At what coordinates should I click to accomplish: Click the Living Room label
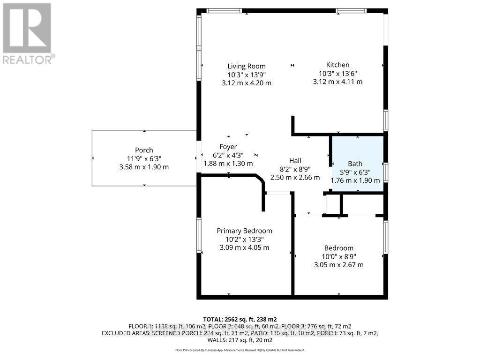click(x=247, y=66)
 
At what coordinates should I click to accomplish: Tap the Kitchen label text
click(x=337, y=65)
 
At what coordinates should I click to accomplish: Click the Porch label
click(x=144, y=150)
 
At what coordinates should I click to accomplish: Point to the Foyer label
click(x=228, y=147)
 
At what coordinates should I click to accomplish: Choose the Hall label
click(x=295, y=161)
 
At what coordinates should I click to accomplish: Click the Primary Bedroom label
click(x=244, y=231)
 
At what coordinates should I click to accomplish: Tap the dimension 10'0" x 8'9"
click(x=339, y=256)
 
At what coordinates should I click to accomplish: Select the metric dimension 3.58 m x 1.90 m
click(x=144, y=167)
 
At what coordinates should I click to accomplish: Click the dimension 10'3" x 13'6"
click(x=337, y=73)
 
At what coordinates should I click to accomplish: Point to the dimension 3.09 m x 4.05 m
click(x=244, y=247)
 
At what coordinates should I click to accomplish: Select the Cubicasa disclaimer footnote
click(x=240, y=350)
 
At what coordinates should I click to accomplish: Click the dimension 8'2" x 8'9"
click(x=295, y=169)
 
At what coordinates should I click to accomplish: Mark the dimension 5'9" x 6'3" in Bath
click(x=355, y=172)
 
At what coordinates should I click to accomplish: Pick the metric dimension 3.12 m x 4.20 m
click(x=247, y=83)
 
